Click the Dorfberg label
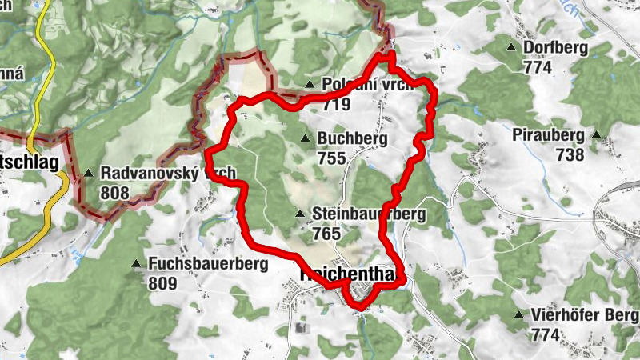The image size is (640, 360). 555,48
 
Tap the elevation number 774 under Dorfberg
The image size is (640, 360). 538,67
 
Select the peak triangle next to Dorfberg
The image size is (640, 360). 511,47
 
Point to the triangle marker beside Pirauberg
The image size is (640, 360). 596,135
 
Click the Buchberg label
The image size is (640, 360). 352,139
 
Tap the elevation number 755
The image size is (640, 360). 331,158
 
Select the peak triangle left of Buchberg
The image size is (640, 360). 304,139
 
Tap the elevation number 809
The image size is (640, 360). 162,282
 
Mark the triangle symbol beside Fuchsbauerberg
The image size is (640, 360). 135,263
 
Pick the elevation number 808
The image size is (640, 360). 115,192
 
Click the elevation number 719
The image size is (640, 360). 337,103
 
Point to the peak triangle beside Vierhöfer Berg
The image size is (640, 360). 520,315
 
